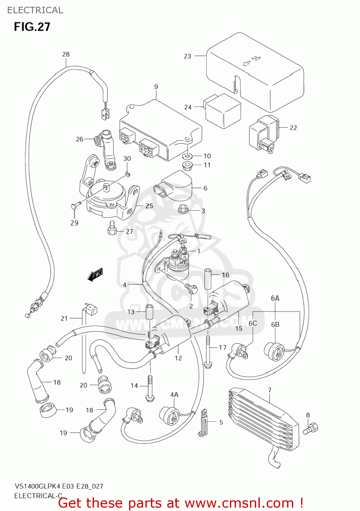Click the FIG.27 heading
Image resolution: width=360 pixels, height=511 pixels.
click(32, 27)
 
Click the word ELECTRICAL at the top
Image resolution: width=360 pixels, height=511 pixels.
click(35, 10)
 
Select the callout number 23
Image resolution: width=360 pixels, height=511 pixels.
click(188, 56)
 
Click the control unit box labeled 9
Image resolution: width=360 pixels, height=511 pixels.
click(160, 131)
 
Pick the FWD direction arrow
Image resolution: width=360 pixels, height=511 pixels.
click(95, 275)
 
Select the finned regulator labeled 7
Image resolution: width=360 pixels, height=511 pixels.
click(262, 421)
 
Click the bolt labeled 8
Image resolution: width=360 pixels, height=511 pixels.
click(311, 429)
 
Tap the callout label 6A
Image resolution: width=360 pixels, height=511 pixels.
click(275, 298)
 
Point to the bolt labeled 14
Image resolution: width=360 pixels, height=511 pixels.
click(150, 388)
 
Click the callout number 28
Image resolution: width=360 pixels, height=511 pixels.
click(66, 54)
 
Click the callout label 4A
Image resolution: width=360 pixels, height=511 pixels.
click(174, 394)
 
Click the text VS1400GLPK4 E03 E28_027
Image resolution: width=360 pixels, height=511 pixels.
click(59, 486)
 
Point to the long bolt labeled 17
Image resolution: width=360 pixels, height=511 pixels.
click(208, 351)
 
